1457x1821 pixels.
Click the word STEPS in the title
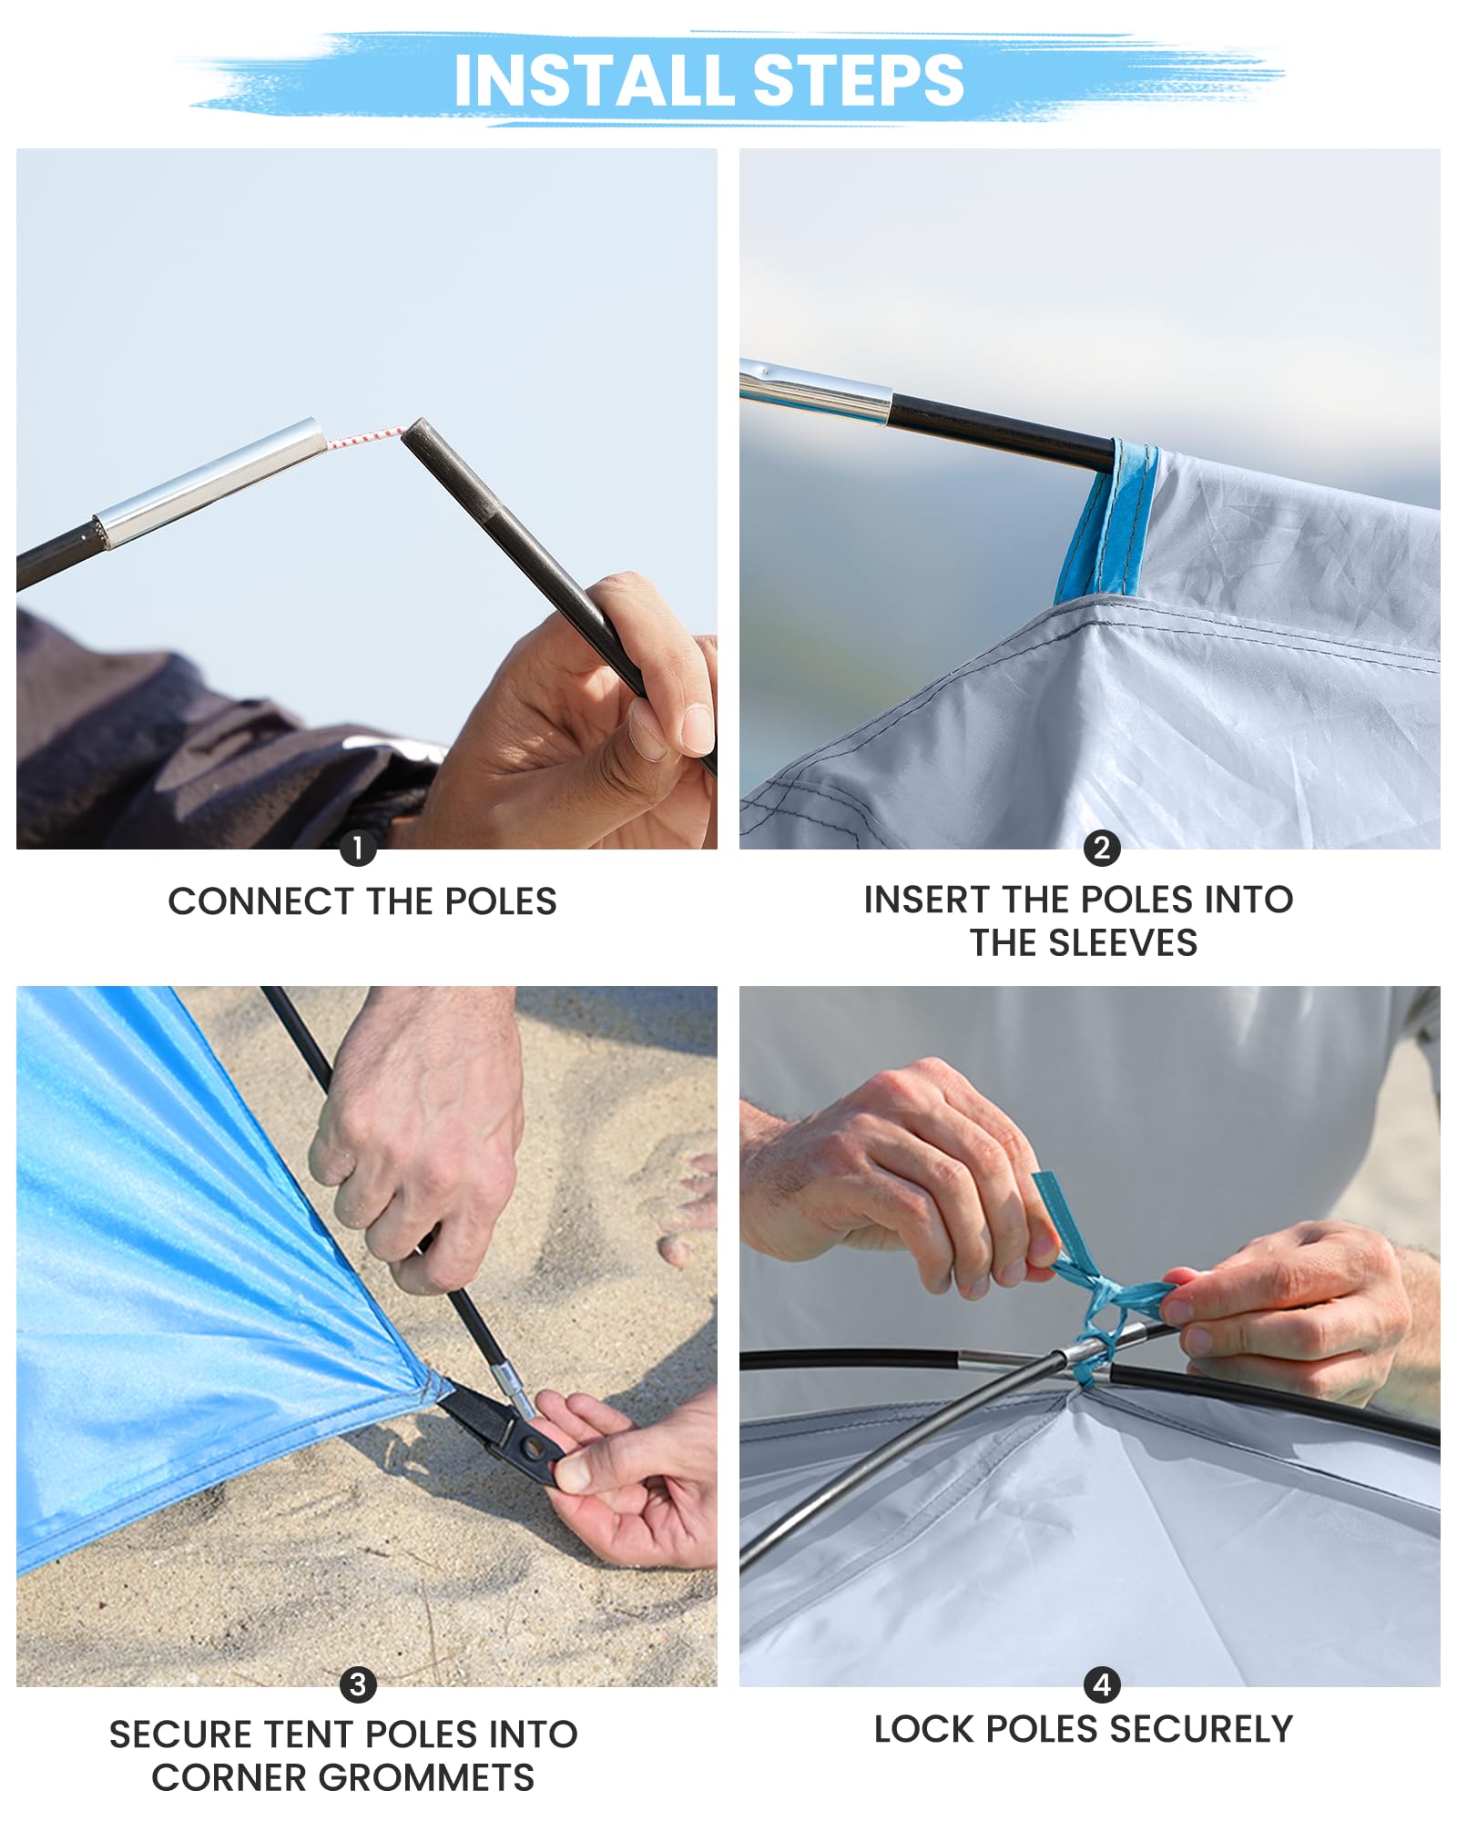pyautogui.click(x=859, y=80)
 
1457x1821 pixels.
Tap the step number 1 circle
pyautogui.click(x=358, y=849)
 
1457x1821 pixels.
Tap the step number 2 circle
pyautogui.click(x=1101, y=848)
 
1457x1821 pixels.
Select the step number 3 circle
pyautogui.click(x=358, y=1684)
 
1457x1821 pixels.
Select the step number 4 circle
pyautogui.click(x=1102, y=1684)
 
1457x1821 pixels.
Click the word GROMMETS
pyautogui.click(x=426, y=1777)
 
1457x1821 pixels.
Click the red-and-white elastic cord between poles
pyautogui.click(x=365, y=438)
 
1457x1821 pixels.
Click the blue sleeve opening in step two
pyautogui.click(x=1105, y=521)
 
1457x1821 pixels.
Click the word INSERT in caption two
pyautogui.click(x=928, y=900)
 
